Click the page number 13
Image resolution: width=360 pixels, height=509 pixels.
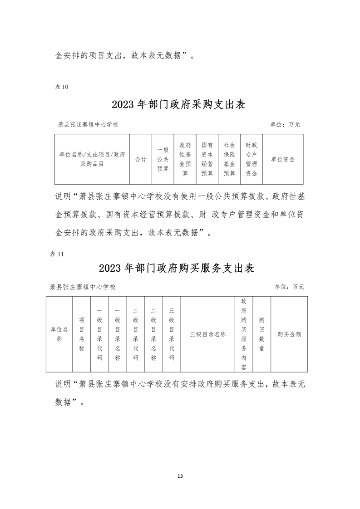click(x=180, y=476)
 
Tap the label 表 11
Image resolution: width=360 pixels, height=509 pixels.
click(x=57, y=254)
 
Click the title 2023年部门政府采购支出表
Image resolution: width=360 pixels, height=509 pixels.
click(x=178, y=105)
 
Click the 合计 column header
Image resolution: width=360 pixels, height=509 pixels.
click(x=141, y=160)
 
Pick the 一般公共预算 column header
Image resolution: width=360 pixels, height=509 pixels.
click(x=163, y=160)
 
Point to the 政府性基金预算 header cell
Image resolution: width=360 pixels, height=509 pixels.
click(x=185, y=159)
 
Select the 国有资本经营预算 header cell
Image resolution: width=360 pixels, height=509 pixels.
click(x=207, y=159)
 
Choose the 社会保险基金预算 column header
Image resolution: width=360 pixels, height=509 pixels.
click(x=229, y=159)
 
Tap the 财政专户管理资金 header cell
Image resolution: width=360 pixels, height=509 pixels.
click(x=251, y=159)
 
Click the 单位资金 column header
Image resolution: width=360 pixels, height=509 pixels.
click(x=283, y=160)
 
